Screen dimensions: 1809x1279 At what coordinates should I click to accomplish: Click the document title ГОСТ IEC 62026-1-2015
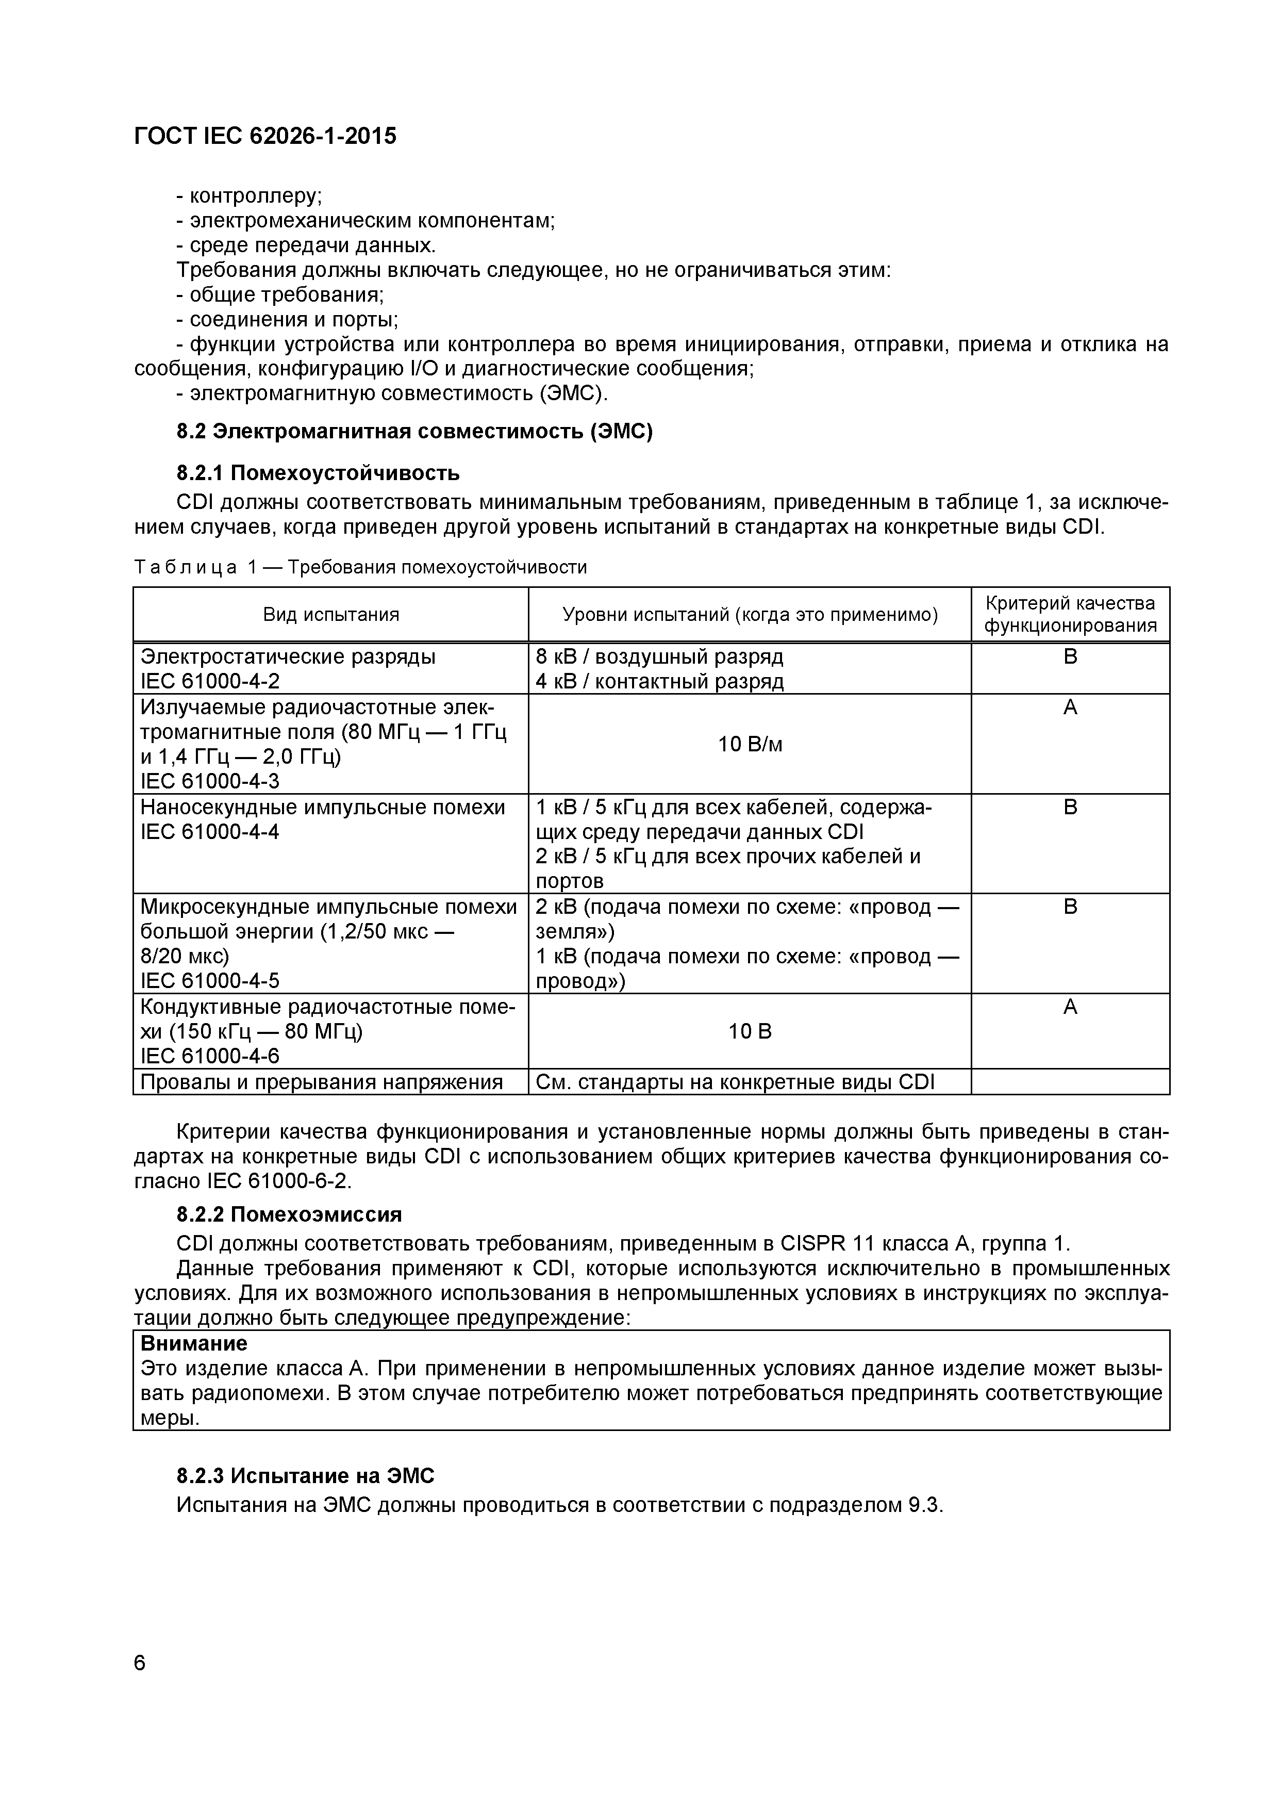click(x=265, y=136)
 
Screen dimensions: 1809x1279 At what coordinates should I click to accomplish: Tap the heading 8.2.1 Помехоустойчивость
click(x=318, y=473)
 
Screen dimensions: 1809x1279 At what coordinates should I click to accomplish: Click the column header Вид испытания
click(x=331, y=615)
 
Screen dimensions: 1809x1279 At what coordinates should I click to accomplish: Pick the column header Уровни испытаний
click(x=749, y=615)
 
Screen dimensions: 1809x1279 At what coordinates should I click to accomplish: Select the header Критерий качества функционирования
click(x=1070, y=615)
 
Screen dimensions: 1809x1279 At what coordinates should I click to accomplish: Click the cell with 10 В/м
click(x=749, y=744)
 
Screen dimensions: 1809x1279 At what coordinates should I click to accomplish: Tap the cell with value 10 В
click(x=749, y=1031)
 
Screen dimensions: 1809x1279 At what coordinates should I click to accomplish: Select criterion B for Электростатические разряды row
click(x=1070, y=657)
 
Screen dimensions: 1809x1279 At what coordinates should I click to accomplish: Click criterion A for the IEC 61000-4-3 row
click(x=1070, y=708)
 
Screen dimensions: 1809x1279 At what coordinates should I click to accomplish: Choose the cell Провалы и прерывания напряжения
click(x=321, y=1082)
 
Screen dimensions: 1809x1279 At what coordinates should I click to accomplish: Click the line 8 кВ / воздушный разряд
click(x=659, y=656)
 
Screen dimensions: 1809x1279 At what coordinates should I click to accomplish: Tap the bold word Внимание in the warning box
click(x=194, y=1342)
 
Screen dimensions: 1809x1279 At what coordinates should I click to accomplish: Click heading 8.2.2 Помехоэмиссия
click(x=289, y=1214)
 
